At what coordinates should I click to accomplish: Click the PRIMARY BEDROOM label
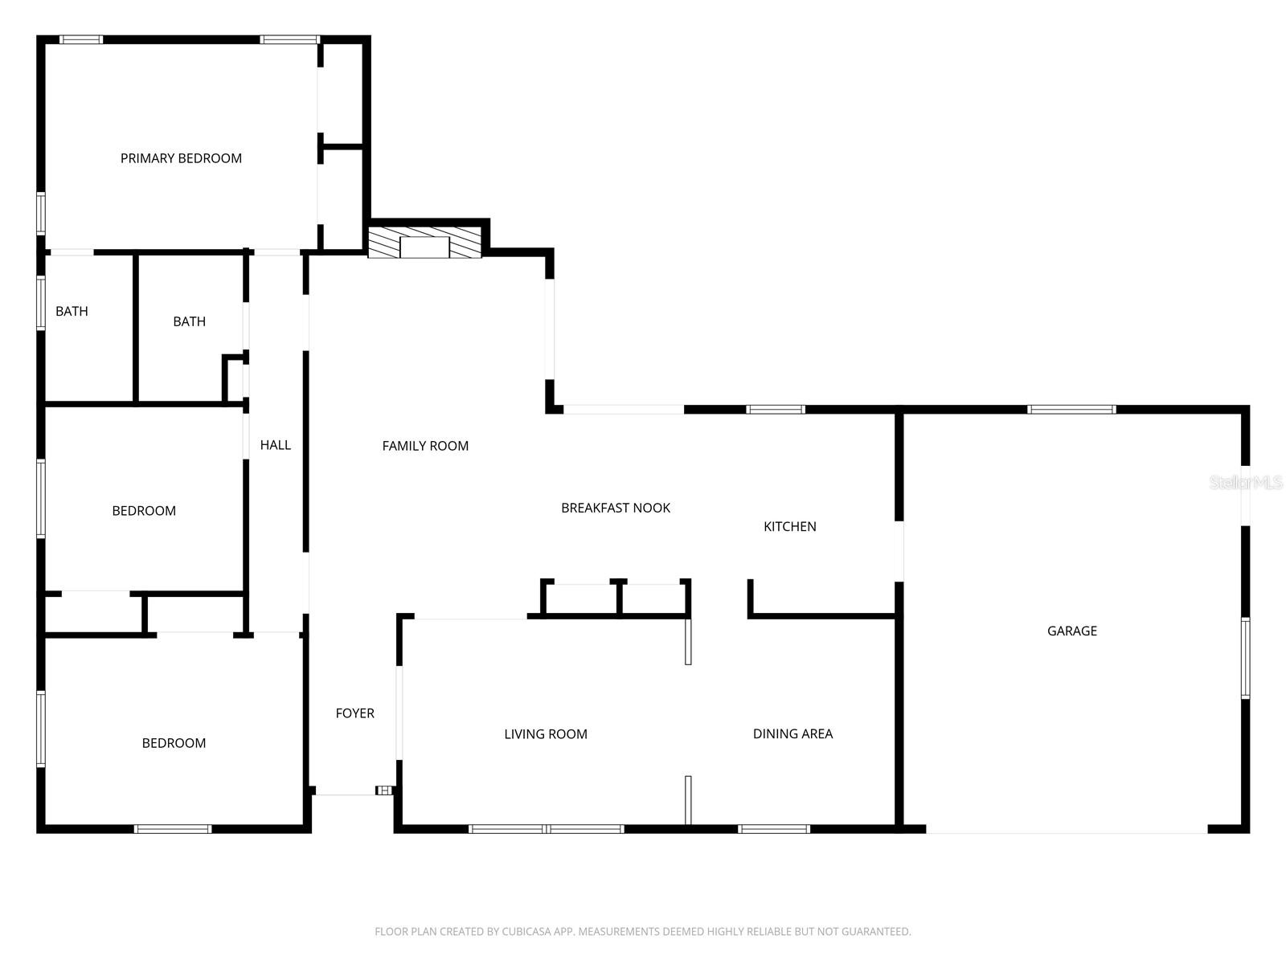[181, 158]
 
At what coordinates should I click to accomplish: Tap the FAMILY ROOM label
[425, 446]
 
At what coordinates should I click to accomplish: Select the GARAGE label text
[1071, 631]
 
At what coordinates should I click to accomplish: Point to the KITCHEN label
[789, 526]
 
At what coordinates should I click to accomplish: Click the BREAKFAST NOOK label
[616, 508]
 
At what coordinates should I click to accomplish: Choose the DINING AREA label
[792, 733]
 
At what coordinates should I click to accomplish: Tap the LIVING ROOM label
[546, 733]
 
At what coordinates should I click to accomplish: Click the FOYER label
[354, 713]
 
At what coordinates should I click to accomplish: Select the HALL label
[276, 445]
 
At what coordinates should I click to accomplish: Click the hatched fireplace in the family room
[424, 242]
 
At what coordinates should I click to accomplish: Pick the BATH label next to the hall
[189, 321]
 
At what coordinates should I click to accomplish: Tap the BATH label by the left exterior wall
[72, 311]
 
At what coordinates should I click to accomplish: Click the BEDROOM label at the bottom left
[174, 743]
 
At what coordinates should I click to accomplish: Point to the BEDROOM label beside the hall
[144, 511]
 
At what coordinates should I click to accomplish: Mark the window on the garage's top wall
[1071, 410]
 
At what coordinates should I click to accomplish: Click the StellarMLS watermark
[1245, 482]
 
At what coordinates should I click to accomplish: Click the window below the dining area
[774, 828]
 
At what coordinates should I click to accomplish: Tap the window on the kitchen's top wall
[775, 410]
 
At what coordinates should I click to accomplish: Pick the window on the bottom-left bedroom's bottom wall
[173, 828]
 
